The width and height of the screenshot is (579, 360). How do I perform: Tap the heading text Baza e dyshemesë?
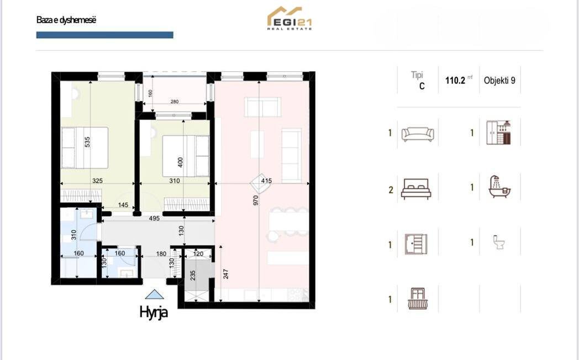tap(66, 20)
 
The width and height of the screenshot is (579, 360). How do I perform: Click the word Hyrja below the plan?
tap(154, 312)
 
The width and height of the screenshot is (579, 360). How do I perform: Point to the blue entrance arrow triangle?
tap(154, 294)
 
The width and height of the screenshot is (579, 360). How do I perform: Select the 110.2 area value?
tap(455, 81)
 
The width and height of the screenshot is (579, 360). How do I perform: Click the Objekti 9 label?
tap(499, 81)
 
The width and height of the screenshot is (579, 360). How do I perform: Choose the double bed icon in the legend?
tap(416, 189)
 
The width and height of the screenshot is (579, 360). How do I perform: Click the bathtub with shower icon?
tap(499, 187)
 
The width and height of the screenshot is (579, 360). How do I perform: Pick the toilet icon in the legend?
tap(499, 242)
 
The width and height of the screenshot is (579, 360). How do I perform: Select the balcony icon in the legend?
tap(418, 298)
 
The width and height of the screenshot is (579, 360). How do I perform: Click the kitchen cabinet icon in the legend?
tap(498, 133)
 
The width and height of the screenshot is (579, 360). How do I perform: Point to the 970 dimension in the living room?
tap(256, 200)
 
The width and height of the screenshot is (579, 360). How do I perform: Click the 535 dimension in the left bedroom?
tap(87, 142)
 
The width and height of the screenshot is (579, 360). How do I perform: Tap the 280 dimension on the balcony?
tap(175, 102)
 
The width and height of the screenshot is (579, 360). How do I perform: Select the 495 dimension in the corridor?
tap(154, 218)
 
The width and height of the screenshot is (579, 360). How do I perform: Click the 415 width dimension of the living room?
tap(266, 181)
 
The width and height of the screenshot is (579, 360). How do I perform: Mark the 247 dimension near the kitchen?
tap(226, 274)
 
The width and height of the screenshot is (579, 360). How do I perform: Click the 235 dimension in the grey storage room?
tap(192, 276)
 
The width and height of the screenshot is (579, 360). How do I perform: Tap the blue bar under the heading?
tap(104, 35)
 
